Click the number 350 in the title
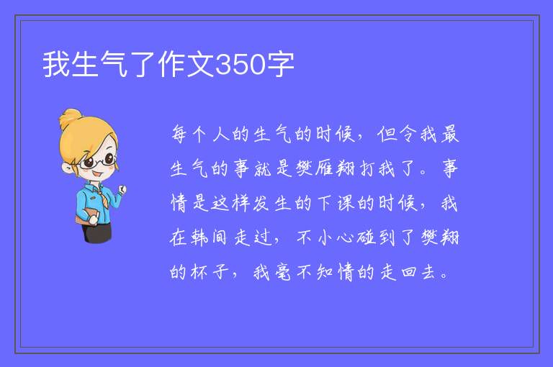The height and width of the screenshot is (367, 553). click(240, 65)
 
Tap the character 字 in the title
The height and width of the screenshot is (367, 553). click(279, 65)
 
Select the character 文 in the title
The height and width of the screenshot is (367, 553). click(201, 65)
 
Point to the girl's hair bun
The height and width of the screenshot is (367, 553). click(70, 119)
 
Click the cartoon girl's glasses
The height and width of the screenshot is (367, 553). click(98, 161)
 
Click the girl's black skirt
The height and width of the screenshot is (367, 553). click(96, 232)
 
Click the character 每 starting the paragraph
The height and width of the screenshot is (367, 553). click(179, 134)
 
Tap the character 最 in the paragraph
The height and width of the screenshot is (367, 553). click(449, 134)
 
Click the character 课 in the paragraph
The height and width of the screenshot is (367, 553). click(346, 203)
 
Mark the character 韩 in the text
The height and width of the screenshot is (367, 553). click(200, 237)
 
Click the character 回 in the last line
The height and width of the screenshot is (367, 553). click(408, 272)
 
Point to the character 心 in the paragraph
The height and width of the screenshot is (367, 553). click(345, 237)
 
